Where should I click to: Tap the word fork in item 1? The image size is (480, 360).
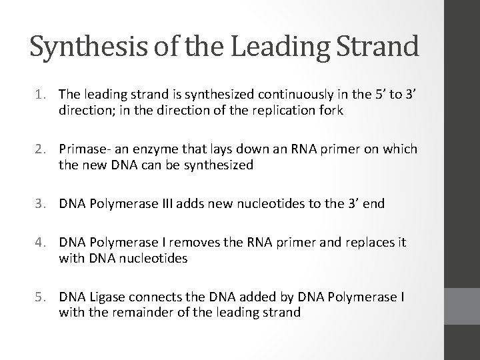click(331, 111)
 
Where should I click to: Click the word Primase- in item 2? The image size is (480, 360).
click(83, 149)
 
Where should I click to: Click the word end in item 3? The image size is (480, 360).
click(374, 203)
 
